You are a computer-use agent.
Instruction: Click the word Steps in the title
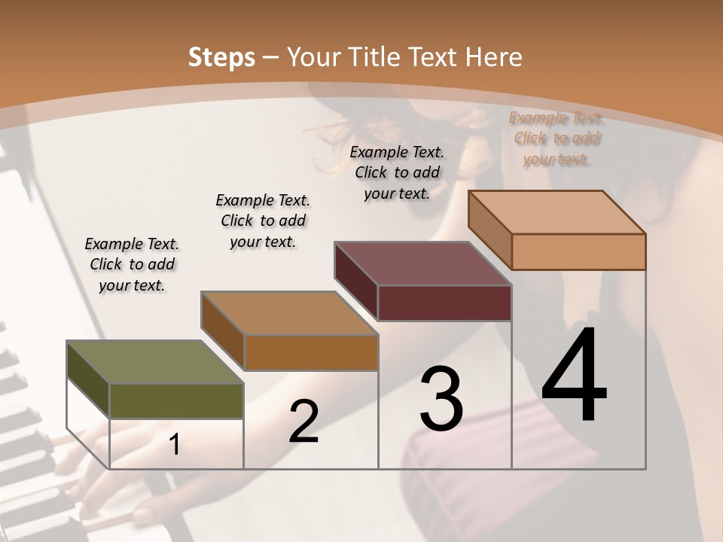(221, 56)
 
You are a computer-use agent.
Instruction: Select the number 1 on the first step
(175, 445)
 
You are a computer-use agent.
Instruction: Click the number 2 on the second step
(304, 422)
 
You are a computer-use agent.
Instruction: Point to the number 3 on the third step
(441, 400)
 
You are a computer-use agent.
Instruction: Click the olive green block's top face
(155, 362)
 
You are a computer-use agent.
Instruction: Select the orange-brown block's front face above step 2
(311, 352)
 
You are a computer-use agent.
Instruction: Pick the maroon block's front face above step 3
(444, 303)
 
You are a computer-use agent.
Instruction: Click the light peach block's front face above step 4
(578, 251)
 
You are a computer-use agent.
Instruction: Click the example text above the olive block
(133, 264)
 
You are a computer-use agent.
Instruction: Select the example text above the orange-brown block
(263, 221)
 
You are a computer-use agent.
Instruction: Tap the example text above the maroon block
(397, 172)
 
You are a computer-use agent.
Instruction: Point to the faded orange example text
(556, 139)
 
